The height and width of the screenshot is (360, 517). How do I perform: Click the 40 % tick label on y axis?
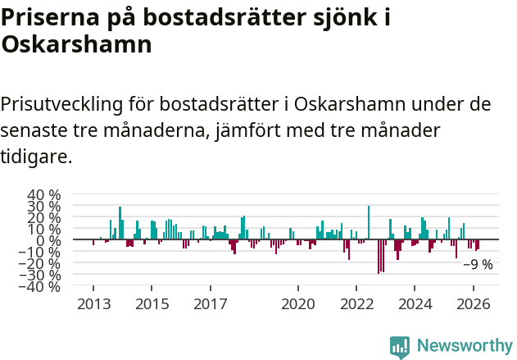tap(44, 195)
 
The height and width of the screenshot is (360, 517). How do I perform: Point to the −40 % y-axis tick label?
tap(42, 287)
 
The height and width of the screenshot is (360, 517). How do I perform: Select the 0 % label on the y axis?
tap(49, 241)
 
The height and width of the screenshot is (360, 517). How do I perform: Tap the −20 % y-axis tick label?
tap(42, 264)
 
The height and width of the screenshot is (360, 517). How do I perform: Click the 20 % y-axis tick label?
tap(44, 218)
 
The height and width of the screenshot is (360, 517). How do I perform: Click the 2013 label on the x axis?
tap(93, 303)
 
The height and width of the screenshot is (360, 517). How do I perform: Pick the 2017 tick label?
tap(210, 303)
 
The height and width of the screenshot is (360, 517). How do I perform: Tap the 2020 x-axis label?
tap(297, 303)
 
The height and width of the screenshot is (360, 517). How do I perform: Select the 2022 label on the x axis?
tap(356, 303)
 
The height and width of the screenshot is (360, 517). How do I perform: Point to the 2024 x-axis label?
tap(415, 303)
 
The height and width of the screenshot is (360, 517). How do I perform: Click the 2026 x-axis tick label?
tap(474, 303)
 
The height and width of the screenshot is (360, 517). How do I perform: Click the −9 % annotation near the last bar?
tap(478, 265)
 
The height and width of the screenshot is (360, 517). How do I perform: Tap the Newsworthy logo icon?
tap(400, 346)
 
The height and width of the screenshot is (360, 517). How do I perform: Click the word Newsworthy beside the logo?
tap(464, 346)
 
